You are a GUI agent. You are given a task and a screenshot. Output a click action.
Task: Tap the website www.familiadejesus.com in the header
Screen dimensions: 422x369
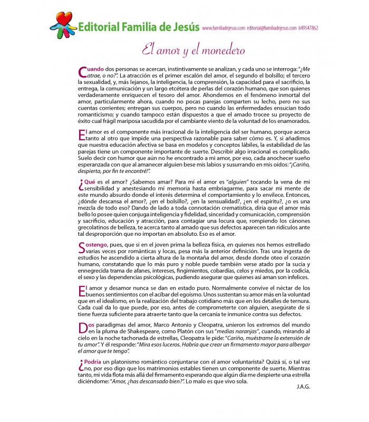(223, 28)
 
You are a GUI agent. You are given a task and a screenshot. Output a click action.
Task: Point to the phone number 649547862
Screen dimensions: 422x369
(307, 28)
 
